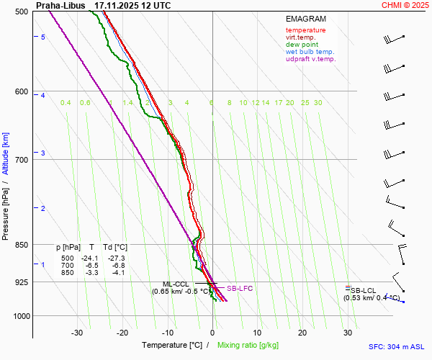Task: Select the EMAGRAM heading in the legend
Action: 305,19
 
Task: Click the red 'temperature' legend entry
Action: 305,30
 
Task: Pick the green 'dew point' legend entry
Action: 302,45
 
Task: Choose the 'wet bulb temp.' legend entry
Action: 310,52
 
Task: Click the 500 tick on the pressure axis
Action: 21,12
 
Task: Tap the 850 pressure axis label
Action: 21,245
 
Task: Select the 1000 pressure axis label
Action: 19,316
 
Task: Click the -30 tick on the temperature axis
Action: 77,333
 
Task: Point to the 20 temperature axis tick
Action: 302,333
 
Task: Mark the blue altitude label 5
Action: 43,37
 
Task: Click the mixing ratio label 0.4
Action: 66,103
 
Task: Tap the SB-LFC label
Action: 240,289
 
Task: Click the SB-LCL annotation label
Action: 363,290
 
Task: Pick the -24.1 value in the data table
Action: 89,258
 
